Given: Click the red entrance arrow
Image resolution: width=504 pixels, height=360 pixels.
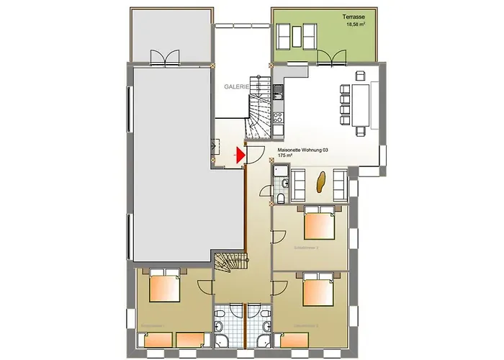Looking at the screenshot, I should click(241, 153).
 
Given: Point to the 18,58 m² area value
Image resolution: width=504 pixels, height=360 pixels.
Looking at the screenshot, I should click(358, 24).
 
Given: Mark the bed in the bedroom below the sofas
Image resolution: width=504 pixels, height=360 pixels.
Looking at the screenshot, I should click(318, 223).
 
